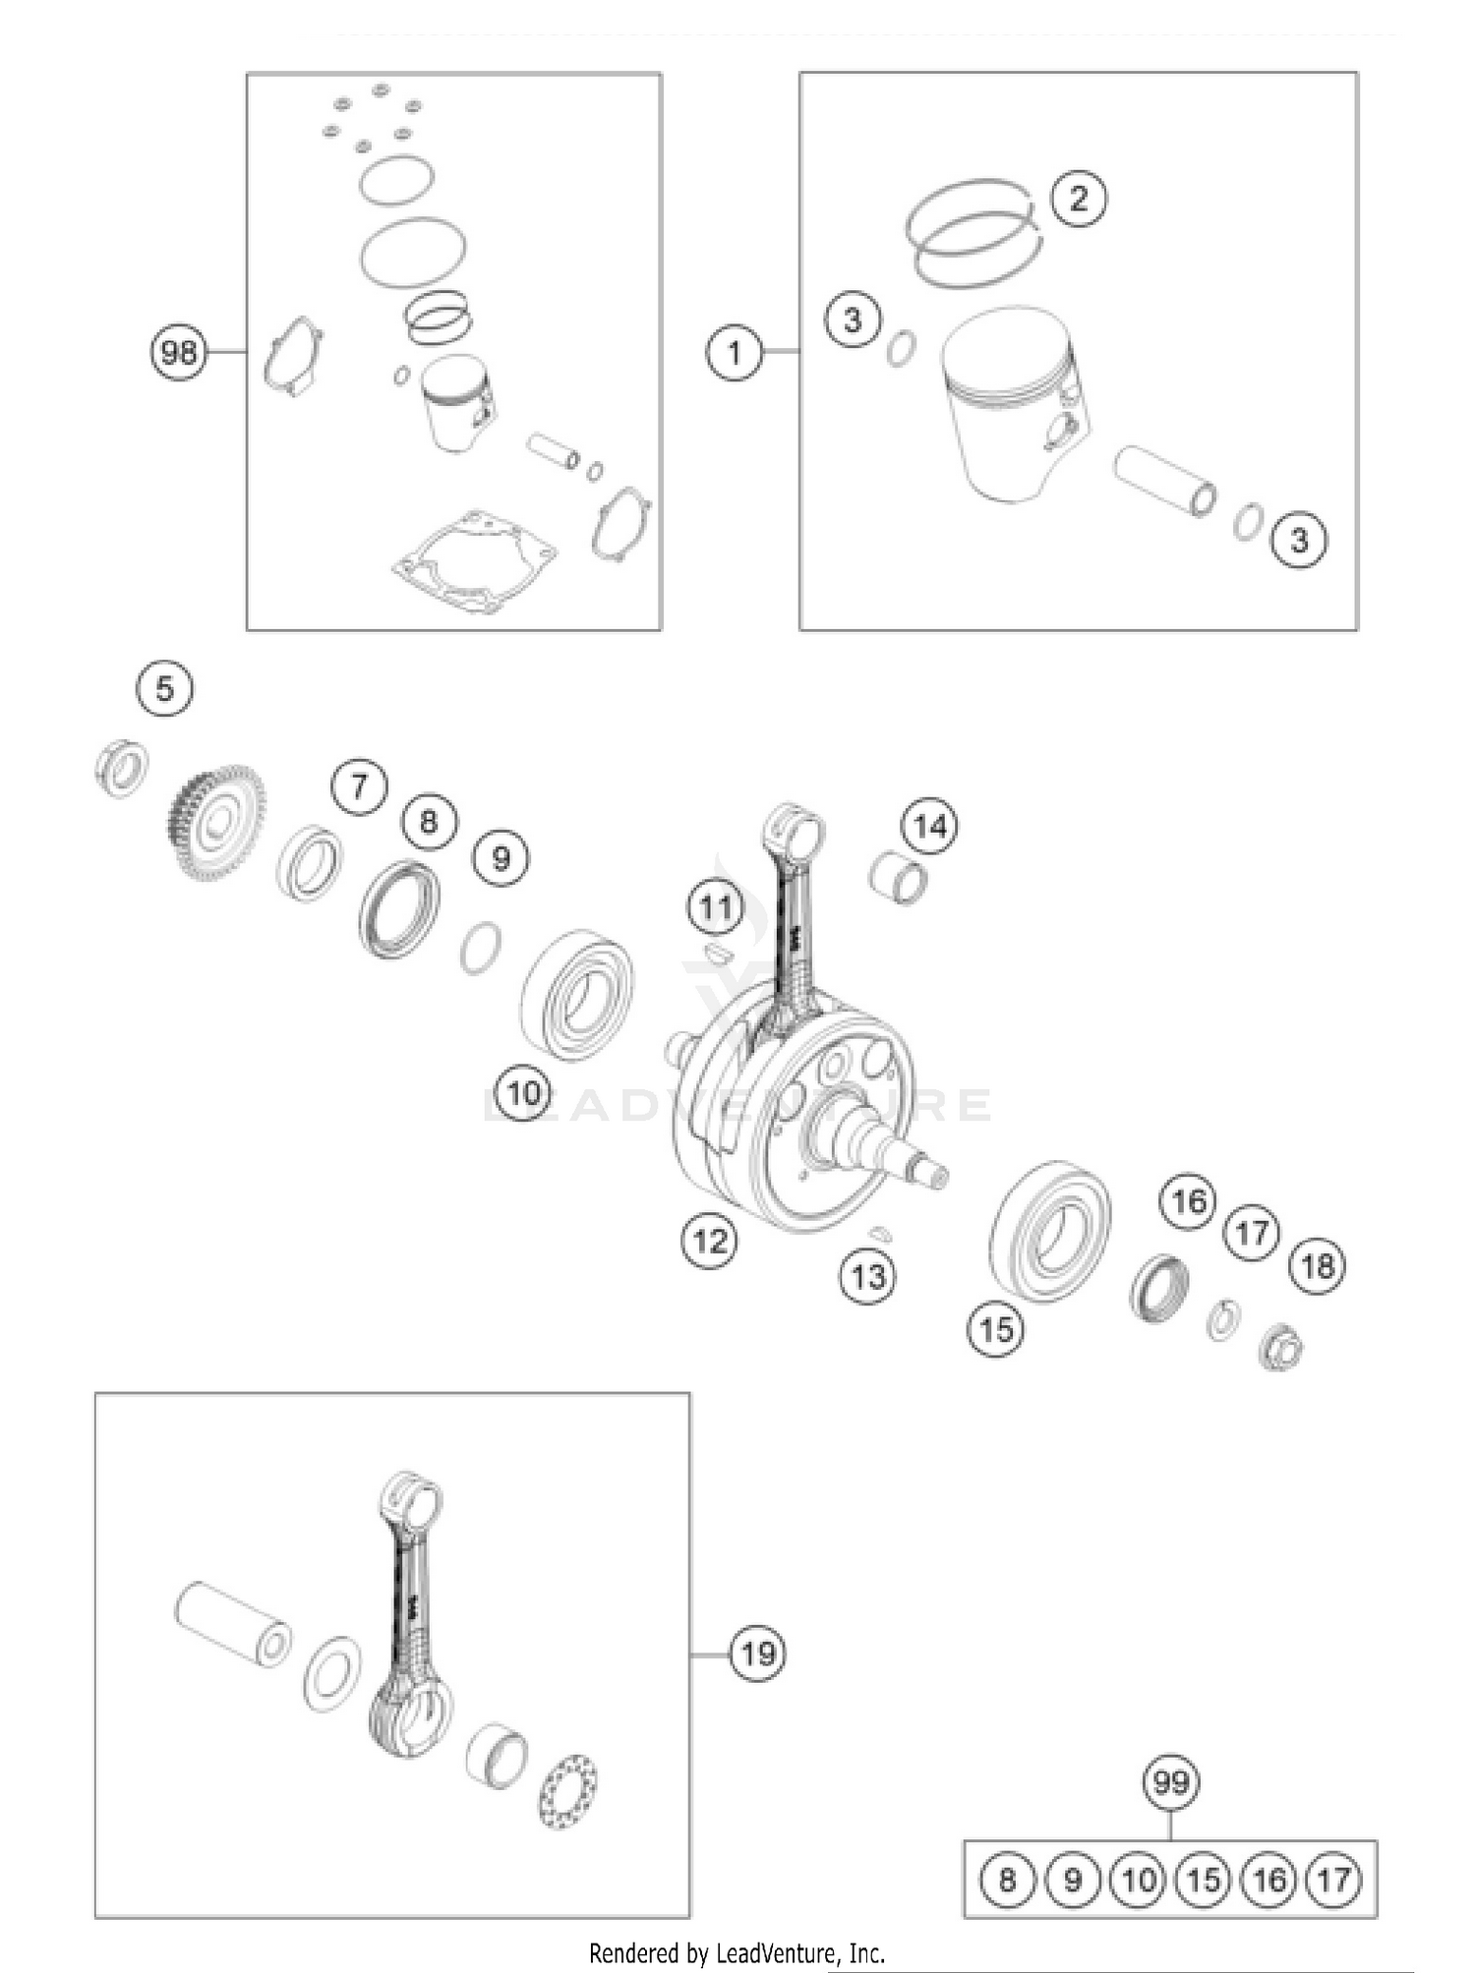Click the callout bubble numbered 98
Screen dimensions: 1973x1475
(178, 352)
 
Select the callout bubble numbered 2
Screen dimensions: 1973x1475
(1079, 199)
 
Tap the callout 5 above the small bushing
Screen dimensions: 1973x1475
(164, 688)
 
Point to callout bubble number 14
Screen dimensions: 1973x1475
(929, 826)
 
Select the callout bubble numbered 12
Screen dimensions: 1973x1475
(709, 1241)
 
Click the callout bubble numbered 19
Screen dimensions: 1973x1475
(757, 1654)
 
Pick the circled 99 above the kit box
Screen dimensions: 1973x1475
(1171, 1782)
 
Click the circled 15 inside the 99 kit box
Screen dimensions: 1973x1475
(1204, 1880)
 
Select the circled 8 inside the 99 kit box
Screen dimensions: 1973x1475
(1007, 1880)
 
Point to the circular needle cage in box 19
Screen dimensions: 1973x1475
(568, 1792)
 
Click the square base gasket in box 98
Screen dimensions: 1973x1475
(474, 563)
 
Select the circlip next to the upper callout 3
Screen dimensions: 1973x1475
(902, 348)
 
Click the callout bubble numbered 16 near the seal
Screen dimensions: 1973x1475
(1189, 1200)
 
